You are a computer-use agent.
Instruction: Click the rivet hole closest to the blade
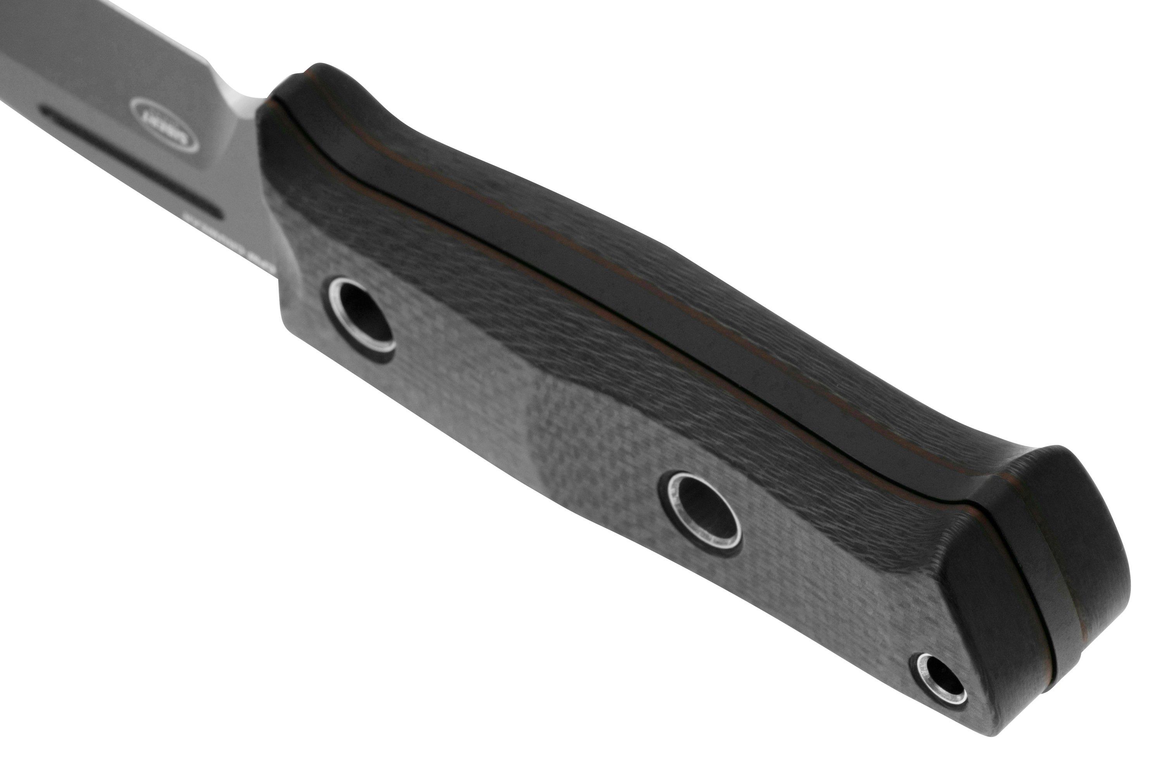[364, 322]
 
